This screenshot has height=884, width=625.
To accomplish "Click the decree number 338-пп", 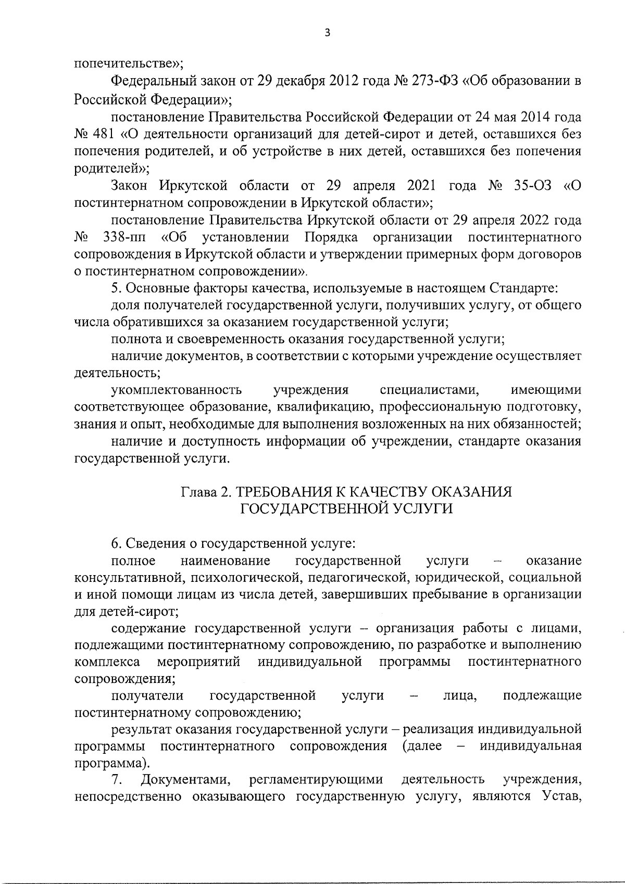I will [x=124, y=238].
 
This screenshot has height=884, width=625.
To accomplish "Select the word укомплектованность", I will [x=177, y=390].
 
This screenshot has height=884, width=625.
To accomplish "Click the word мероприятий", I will [x=198, y=662].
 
